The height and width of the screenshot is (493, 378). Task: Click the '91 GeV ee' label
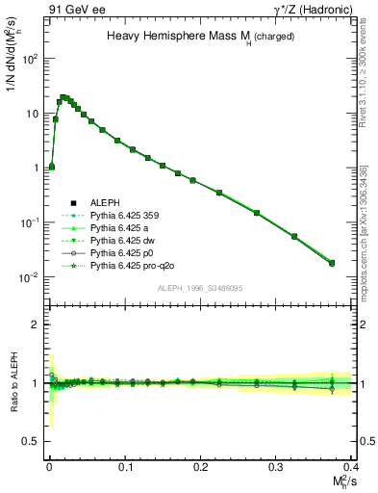(72, 9)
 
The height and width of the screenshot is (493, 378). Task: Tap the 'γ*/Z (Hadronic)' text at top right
(307, 9)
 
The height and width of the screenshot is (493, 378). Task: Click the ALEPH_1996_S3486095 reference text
(200, 288)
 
